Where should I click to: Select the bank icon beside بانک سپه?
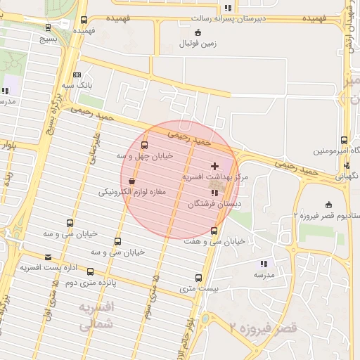(x=77, y=75)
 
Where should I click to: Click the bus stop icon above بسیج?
(x=48, y=27)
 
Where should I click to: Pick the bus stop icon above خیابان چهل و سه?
(x=145, y=146)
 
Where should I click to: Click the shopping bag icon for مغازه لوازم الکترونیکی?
(x=132, y=181)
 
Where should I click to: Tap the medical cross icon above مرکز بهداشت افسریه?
(x=214, y=167)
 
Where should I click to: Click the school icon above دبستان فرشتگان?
(x=214, y=193)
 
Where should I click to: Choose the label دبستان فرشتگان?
(x=214, y=203)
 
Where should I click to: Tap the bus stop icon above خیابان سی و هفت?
(x=214, y=231)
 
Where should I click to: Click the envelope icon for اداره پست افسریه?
(x=48, y=257)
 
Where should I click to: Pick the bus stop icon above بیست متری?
(x=198, y=278)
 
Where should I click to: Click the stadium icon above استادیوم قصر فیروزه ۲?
(x=327, y=205)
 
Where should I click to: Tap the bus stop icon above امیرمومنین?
(x=344, y=141)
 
